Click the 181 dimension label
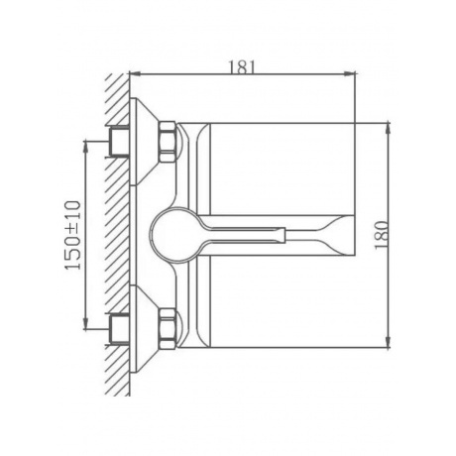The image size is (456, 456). pos(243,67)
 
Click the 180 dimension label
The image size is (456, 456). pos(381,235)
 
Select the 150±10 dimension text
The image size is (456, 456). pos(73,235)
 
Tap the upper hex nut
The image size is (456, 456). pos(168,142)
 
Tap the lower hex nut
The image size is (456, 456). pos(168,328)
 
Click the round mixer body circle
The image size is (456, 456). pos(152,235)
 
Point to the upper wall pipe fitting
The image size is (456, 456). pos(119,142)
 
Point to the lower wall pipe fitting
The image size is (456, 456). pos(119,329)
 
